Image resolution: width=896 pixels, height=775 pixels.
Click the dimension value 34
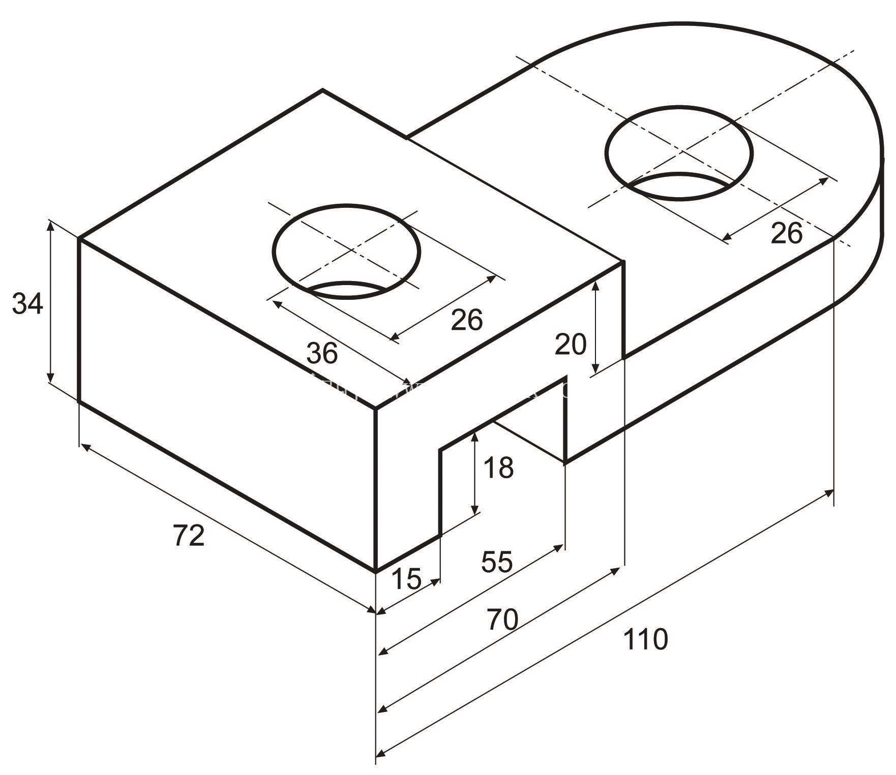[x=28, y=304]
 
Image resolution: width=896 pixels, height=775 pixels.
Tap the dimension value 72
[x=189, y=536]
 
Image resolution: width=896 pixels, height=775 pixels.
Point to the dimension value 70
[x=502, y=619]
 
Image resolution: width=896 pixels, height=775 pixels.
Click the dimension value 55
[x=497, y=562]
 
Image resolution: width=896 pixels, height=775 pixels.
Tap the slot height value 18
[x=498, y=468]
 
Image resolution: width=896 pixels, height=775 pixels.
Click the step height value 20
[x=570, y=344]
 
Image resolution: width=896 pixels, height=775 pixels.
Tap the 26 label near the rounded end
[x=786, y=233]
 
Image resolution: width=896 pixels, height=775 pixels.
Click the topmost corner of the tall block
[x=322, y=90]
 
